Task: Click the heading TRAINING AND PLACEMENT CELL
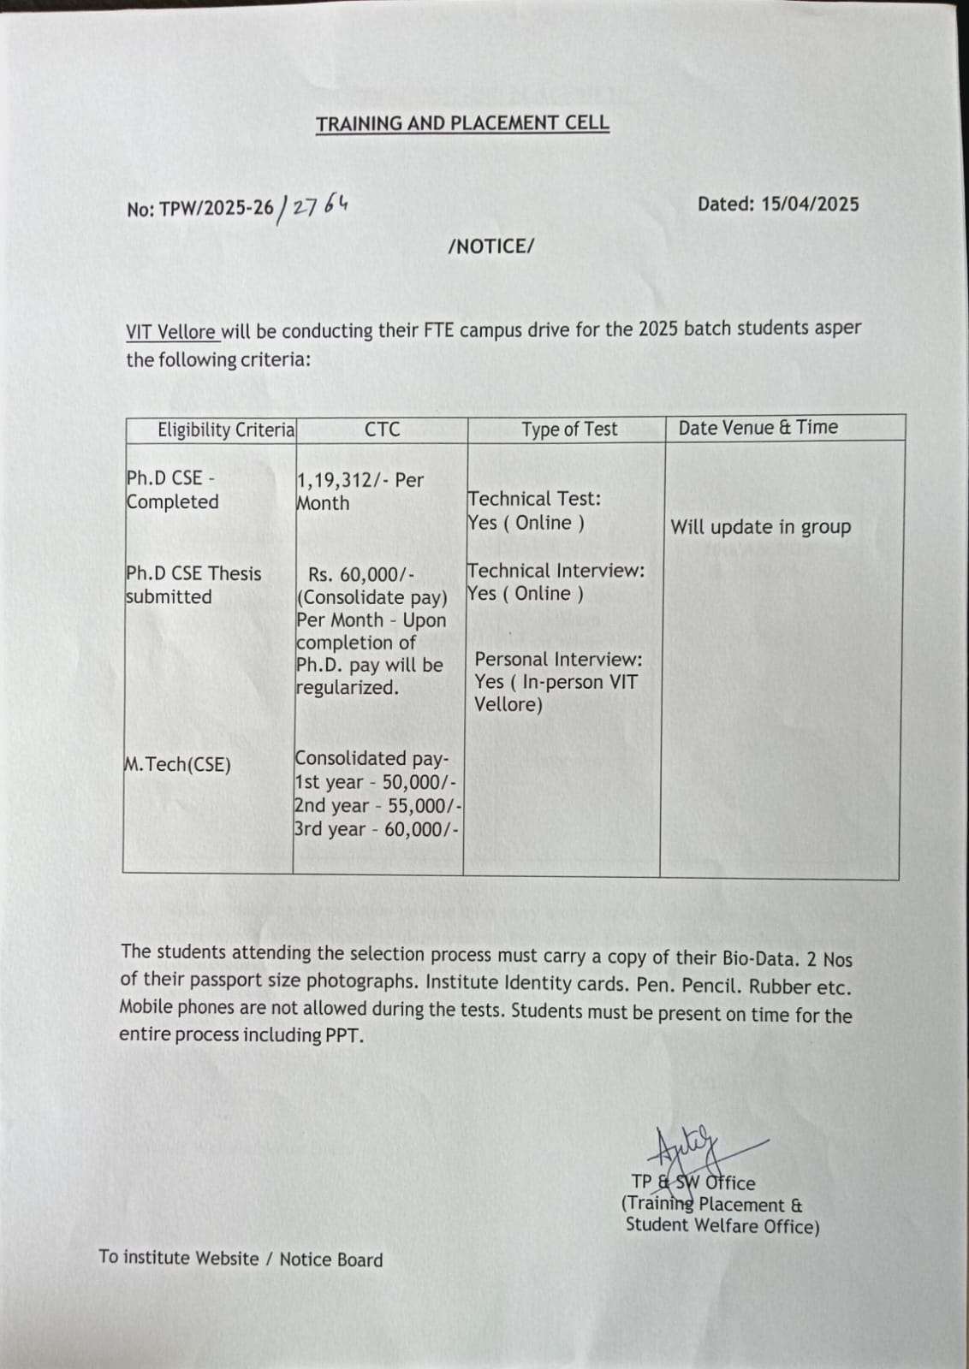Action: tap(462, 123)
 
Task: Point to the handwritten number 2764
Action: tap(319, 206)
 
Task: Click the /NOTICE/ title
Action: tap(491, 246)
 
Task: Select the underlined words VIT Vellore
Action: tap(170, 331)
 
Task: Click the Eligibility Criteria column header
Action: tap(226, 430)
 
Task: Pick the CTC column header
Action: tap(382, 429)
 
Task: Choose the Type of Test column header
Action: tap(569, 429)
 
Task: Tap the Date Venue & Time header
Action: tap(758, 427)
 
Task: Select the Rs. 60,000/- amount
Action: tap(361, 574)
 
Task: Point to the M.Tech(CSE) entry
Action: tap(178, 764)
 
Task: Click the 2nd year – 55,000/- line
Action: tap(377, 805)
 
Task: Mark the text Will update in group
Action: tap(760, 527)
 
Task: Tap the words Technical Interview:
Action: tap(556, 571)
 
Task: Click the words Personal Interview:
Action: tap(558, 660)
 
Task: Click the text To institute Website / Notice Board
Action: tap(241, 1259)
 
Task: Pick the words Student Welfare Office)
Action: tap(722, 1225)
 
